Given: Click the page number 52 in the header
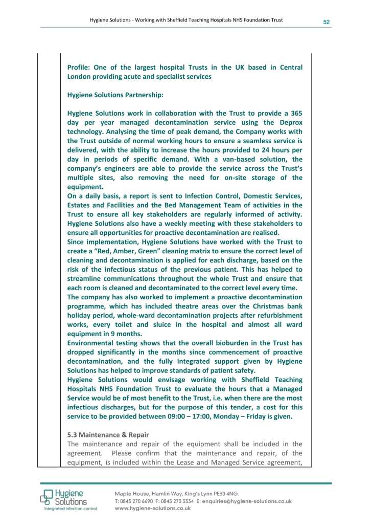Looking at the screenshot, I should coord(326,22).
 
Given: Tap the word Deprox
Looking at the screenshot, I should coord(290,122).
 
